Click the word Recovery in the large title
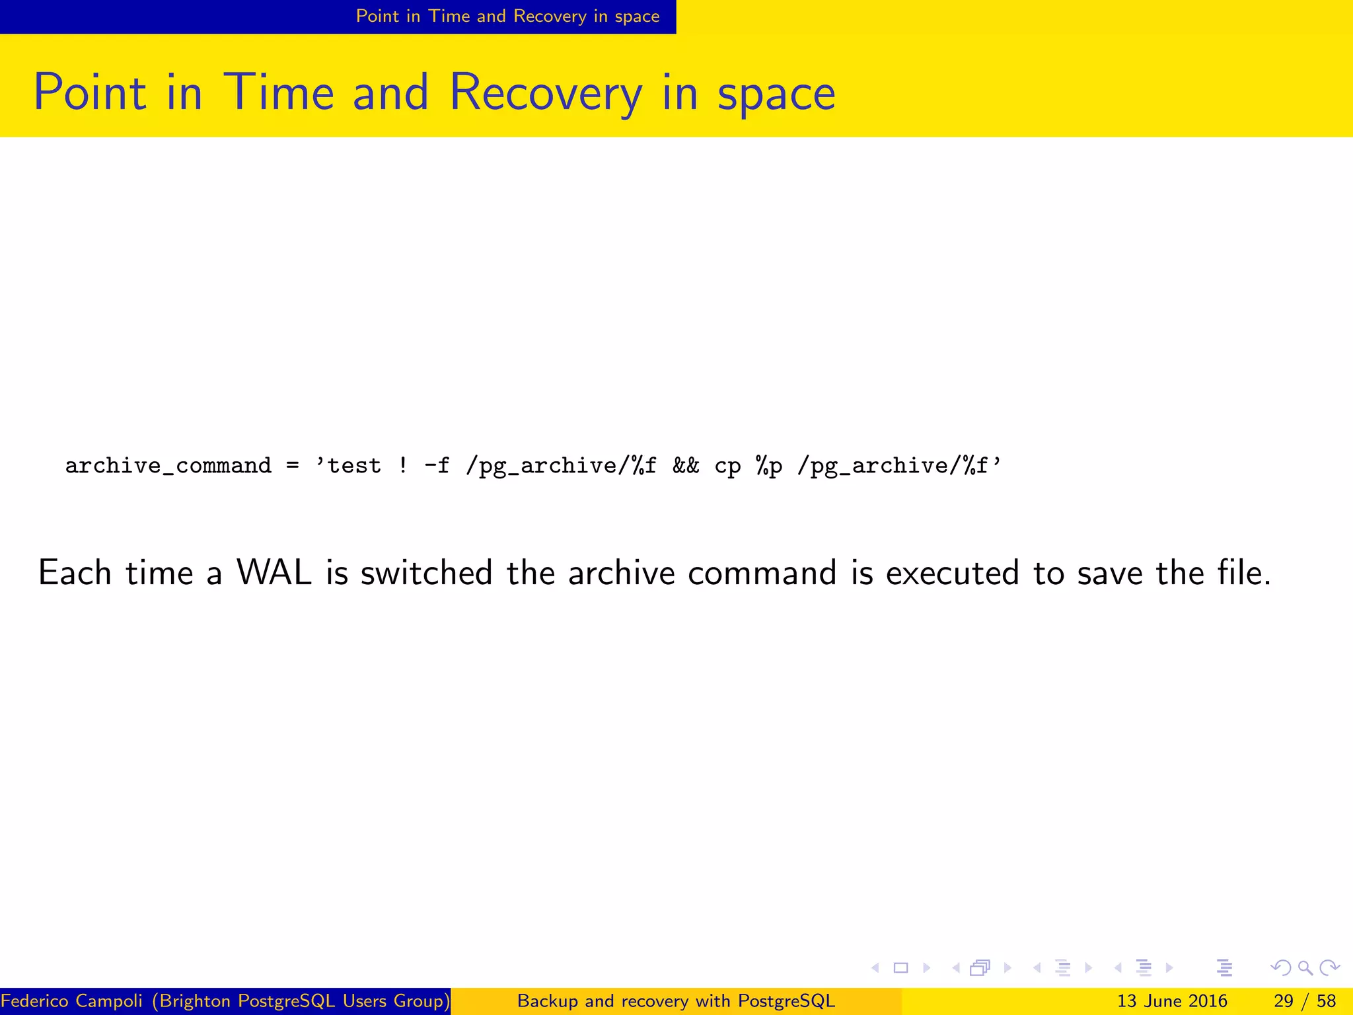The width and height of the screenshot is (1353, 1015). [x=545, y=93]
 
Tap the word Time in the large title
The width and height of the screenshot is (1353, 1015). [x=279, y=93]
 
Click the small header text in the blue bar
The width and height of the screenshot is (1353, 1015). [x=507, y=17]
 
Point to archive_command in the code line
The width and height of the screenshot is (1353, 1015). [x=168, y=467]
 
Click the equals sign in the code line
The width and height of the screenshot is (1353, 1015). [x=293, y=467]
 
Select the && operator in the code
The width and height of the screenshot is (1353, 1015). [x=686, y=467]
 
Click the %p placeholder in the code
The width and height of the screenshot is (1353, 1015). [x=769, y=467]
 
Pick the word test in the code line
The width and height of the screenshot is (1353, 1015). [x=354, y=467]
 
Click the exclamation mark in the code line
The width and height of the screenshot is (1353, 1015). [x=403, y=467]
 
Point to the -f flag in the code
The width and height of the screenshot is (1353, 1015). [x=437, y=467]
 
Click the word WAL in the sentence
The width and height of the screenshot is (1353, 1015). [x=274, y=573]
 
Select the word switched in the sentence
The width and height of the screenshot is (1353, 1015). [x=426, y=573]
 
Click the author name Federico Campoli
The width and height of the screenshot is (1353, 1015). [x=71, y=1001]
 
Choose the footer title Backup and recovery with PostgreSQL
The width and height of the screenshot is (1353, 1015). [x=676, y=1001]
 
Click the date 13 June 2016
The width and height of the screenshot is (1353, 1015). [x=1172, y=1001]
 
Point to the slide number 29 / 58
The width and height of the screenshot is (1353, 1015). [x=1305, y=1001]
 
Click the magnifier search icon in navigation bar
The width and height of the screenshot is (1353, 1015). [x=1305, y=968]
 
